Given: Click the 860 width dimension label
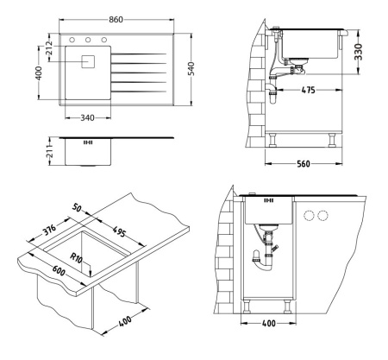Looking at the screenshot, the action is pyautogui.click(x=116, y=20).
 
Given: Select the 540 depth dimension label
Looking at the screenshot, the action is pyautogui.click(x=191, y=69).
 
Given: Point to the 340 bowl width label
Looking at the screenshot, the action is pyautogui.click(x=87, y=118).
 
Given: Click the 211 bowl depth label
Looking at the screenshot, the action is pyautogui.click(x=50, y=151).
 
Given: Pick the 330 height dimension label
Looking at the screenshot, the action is pyautogui.click(x=358, y=52).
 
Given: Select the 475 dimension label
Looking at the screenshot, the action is pyautogui.click(x=309, y=90).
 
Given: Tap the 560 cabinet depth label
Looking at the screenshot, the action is pyautogui.click(x=304, y=164).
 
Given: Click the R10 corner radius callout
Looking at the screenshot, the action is pyautogui.click(x=77, y=257).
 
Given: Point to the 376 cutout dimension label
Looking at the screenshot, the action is pyautogui.click(x=48, y=230).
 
